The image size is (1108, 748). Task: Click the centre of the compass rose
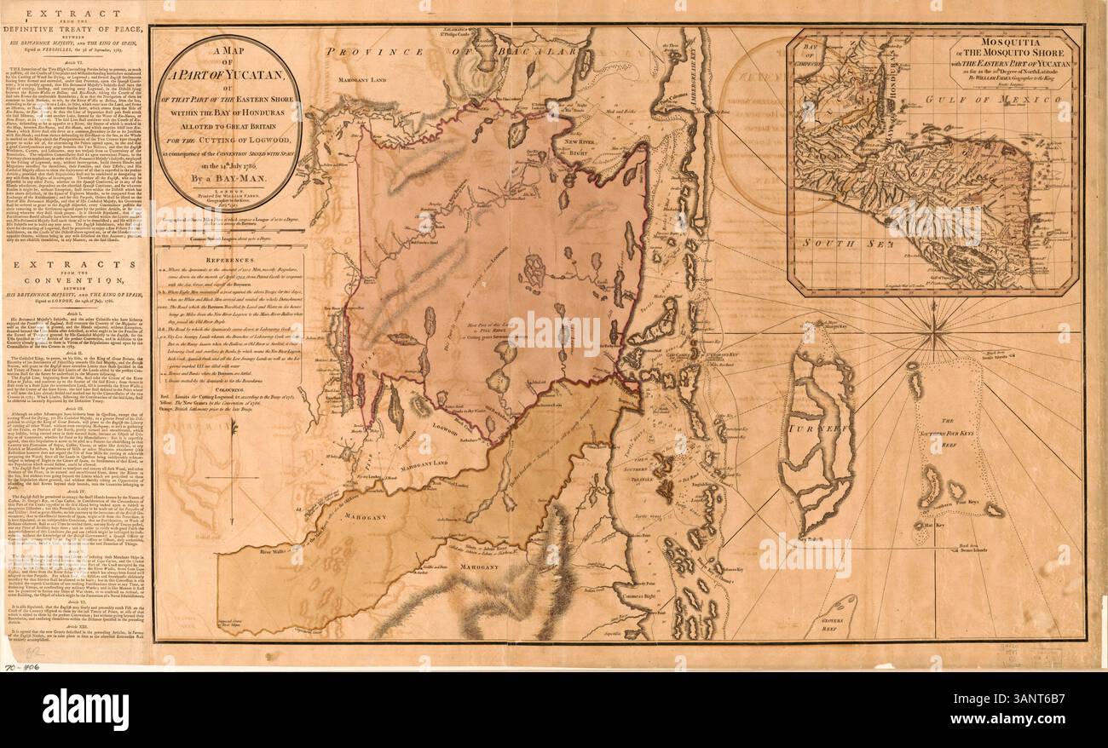click(x=936, y=325)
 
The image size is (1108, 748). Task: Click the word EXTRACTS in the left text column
click(x=77, y=266)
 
